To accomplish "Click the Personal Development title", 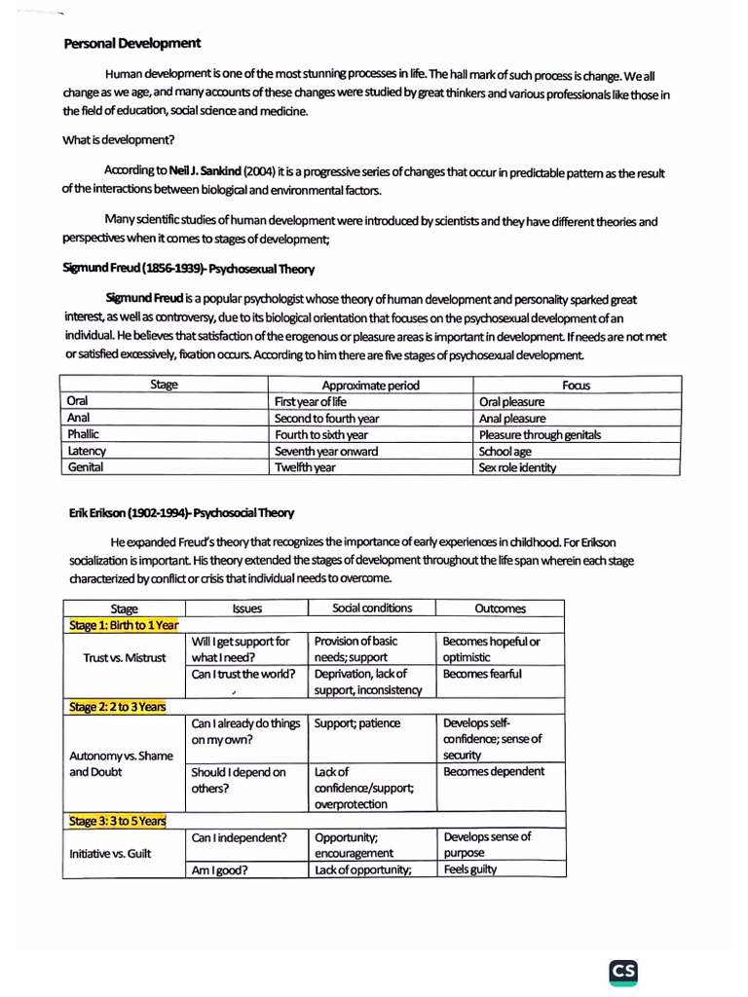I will [132, 44].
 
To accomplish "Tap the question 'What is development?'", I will [119, 139].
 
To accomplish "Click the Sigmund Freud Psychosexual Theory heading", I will [189, 268].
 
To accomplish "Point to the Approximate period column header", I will [370, 385].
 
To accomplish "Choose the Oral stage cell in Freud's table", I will [78, 401].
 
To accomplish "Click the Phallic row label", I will [84, 434].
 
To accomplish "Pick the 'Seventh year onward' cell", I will [326, 451].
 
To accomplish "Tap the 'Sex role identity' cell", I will [517, 467].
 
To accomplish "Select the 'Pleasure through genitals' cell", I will [540, 434].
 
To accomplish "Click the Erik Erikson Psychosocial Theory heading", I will [181, 513].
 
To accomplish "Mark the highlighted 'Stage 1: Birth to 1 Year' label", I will [123, 625].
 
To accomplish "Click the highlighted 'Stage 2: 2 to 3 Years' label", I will [117, 707].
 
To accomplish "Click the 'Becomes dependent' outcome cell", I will [494, 771].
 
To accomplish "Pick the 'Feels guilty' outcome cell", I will [469, 869].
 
